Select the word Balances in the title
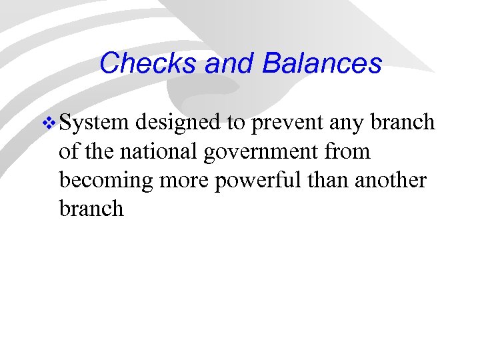322,63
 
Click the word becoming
103,181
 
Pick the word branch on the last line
91,209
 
